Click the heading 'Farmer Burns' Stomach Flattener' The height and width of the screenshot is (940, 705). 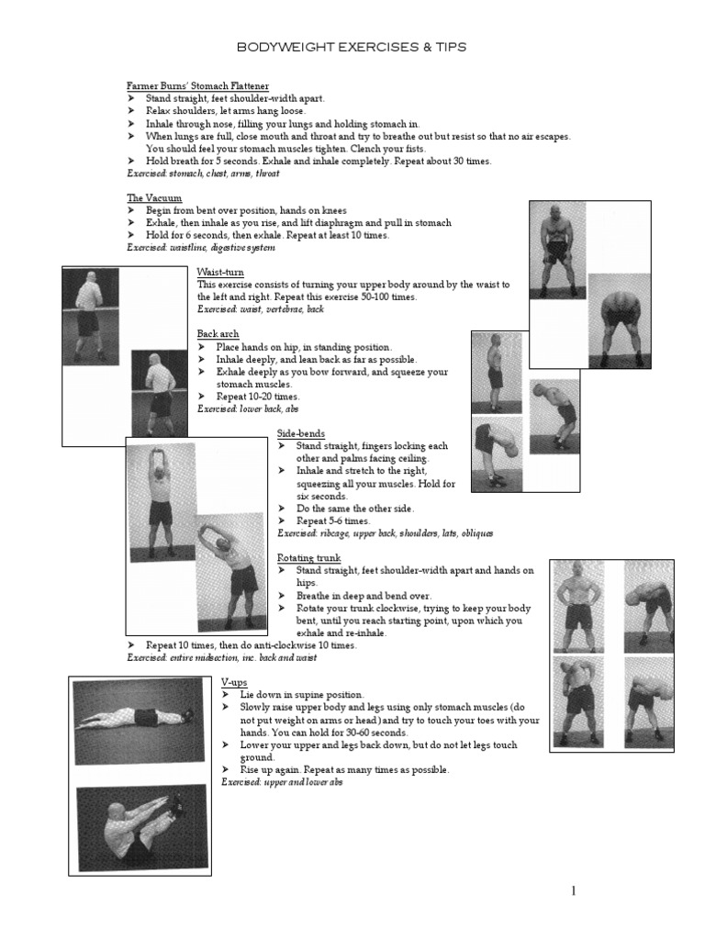pyautogui.click(x=197, y=85)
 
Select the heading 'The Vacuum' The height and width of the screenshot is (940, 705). pyautogui.click(x=154, y=198)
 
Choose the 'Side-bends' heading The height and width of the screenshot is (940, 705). pyautogui.click(x=301, y=433)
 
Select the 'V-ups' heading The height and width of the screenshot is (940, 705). pyautogui.click(x=236, y=683)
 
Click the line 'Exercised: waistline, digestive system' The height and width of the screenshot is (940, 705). pyautogui.click(x=200, y=248)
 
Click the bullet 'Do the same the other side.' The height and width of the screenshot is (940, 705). pyautogui.click(x=354, y=509)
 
